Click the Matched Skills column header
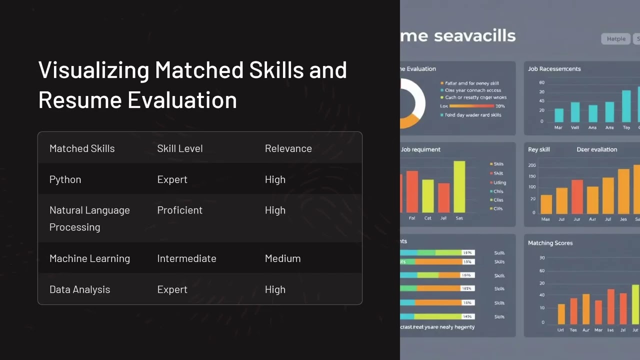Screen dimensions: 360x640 pos(82,148)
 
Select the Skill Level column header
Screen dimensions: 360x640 pos(180,148)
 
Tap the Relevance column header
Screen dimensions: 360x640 pos(288,148)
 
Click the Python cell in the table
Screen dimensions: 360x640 pos(65,179)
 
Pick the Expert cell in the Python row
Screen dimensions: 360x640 pos(172,179)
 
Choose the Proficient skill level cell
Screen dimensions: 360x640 pos(180,210)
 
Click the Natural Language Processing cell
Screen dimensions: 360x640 pos(89,218)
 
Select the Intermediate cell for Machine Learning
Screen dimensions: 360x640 pos(186,258)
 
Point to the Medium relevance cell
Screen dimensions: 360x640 pos(283,258)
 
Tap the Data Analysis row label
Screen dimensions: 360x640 pos(79,289)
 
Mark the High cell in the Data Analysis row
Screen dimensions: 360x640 pos(275,289)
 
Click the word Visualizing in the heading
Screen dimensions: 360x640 pos(93,70)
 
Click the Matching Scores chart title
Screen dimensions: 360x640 pos(550,243)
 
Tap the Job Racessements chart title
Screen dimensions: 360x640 pos(554,69)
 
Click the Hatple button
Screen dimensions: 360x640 pos(616,39)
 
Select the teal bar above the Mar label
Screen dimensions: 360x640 pos(559,115)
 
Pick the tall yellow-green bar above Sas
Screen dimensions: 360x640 pos(459,186)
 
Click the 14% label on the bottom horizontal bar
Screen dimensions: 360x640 pos(467,316)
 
